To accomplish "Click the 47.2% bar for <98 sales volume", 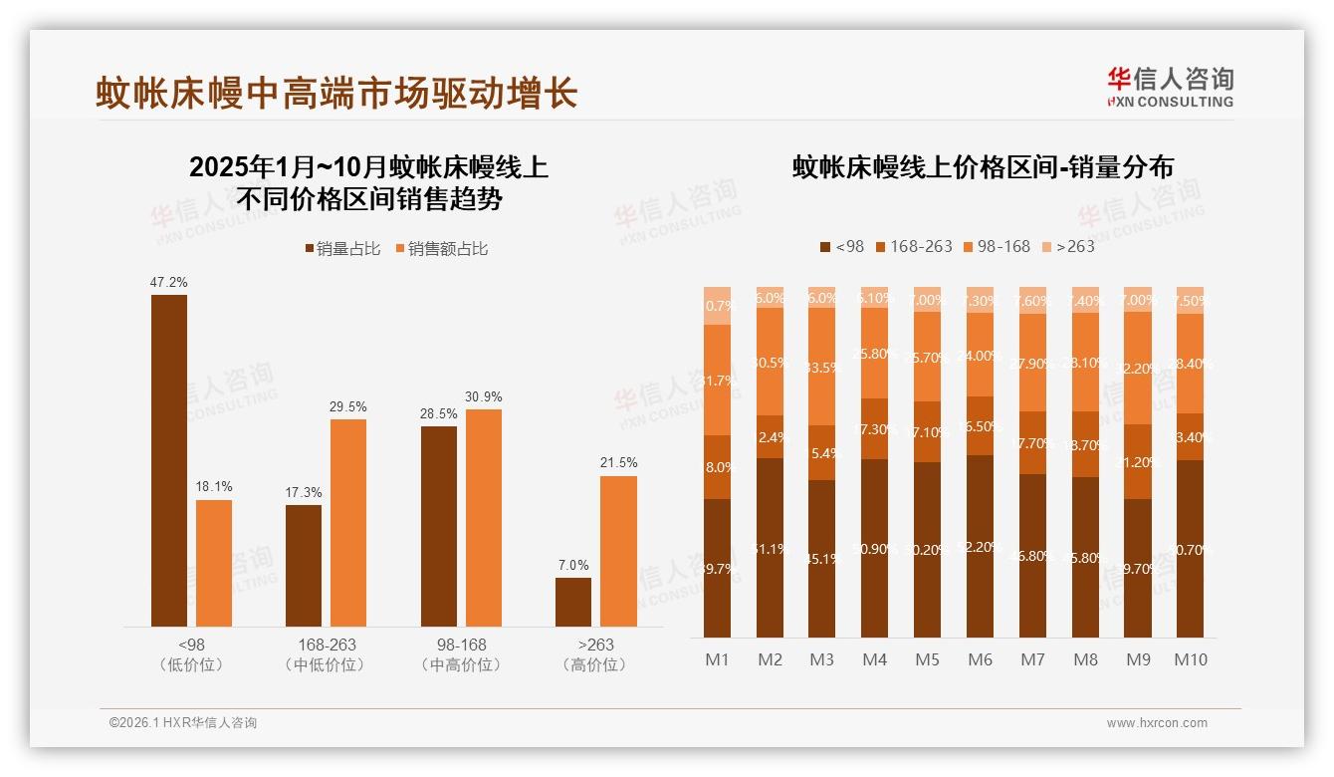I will [x=169, y=460].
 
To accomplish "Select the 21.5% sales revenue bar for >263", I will [x=618, y=551].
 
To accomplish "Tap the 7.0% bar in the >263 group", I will [x=573, y=602].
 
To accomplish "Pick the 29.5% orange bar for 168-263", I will [x=348, y=523].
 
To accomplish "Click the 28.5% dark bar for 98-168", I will [x=439, y=526].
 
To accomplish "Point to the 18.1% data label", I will [x=214, y=487].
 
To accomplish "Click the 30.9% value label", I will [x=484, y=396].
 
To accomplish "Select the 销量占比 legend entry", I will [x=342, y=249].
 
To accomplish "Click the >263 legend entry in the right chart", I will [x=1067, y=246].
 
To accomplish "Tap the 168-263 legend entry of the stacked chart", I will [x=912, y=246].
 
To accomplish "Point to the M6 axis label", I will [x=980, y=659].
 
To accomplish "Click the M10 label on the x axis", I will [x=1190, y=659].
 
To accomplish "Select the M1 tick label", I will [x=717, y=659].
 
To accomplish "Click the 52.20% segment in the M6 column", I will [x=980, y=546].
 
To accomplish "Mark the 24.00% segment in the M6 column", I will [x=980, y=356].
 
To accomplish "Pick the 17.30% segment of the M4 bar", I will [x=875, y=429].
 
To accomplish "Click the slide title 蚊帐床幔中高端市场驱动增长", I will [x=336, y=94].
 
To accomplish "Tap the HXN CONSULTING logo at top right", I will [x=1170, y=87].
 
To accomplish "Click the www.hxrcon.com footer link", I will [x=1157, y=723].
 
